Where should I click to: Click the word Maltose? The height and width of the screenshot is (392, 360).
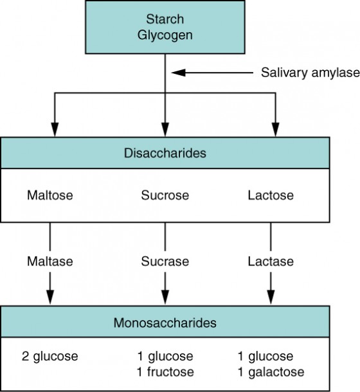tap(50, 194)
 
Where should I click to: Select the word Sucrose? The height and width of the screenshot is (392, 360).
tap(165, 194)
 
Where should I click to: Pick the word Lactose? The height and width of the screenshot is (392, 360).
tap(270, 194)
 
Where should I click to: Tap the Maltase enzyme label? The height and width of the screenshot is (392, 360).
tap(50, 262)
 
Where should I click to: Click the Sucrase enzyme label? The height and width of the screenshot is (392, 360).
tap(165, 262)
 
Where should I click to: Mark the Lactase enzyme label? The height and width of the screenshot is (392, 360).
tap(270, 262)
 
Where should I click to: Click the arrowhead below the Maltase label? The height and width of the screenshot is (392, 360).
tap(50, 296)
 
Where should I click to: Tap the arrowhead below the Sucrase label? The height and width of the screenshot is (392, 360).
tap(165, 296)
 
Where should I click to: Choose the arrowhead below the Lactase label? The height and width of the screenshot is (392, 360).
tap(270, 296)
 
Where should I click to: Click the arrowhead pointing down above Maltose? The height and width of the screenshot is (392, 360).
tap(55, 129)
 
